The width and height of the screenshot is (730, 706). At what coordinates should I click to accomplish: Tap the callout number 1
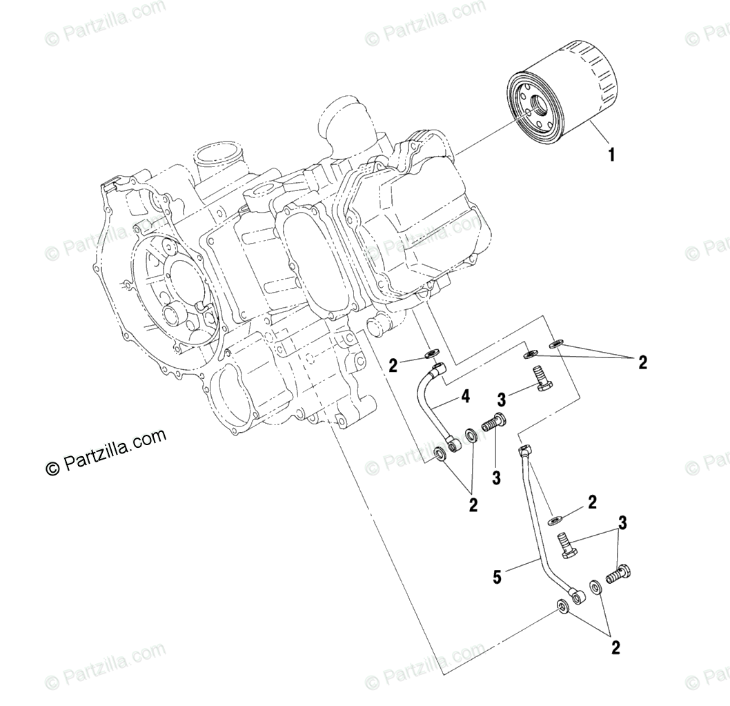[610, 155]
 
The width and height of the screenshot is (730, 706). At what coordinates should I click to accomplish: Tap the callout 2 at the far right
[642, 362]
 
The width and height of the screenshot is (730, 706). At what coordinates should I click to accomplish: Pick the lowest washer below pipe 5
[562, 606]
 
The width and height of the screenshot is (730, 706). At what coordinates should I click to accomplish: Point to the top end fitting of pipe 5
[524, 452]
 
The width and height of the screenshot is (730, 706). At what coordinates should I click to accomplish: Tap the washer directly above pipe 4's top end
[433, 355]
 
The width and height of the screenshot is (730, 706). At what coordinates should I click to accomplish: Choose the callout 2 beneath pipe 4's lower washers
[473, 505]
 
